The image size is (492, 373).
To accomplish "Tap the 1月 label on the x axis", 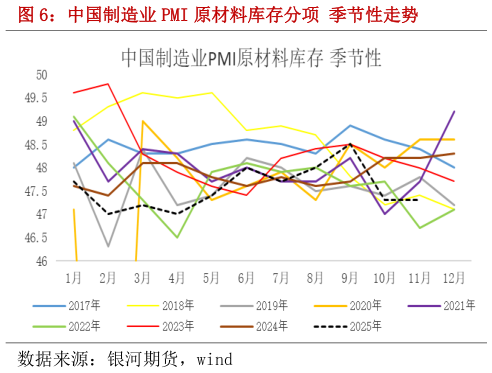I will click(74, 275).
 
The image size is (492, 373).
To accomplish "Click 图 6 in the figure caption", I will click(24, 16).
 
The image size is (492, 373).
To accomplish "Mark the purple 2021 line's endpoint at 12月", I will click(455, 111).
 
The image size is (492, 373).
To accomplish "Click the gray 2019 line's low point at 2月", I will click(108, 246).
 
